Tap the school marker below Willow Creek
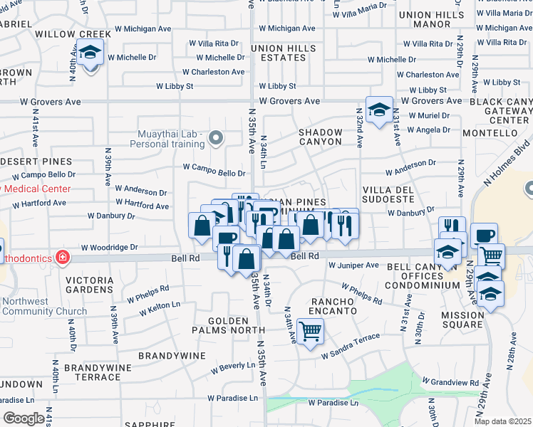coord(90,53)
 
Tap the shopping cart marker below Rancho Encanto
coord(310,331)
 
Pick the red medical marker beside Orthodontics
coord(63,257)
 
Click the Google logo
coord(24,418)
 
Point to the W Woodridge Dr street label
coord(114,248)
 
